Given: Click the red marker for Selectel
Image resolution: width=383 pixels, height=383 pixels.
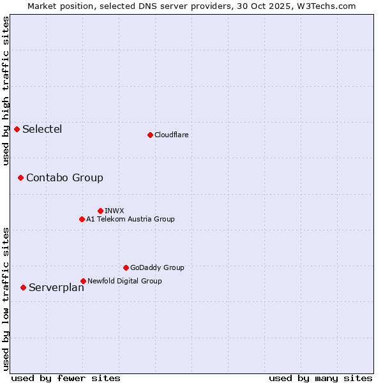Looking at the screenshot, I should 17,130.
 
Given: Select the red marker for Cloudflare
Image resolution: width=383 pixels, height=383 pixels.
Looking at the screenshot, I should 150,135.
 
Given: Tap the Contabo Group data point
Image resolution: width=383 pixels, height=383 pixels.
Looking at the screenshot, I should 20,177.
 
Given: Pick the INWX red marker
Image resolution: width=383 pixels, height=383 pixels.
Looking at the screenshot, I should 100,211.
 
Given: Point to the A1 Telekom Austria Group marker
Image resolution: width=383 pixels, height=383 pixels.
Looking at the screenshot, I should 82,219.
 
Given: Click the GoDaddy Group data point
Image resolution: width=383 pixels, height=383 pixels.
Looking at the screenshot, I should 126,267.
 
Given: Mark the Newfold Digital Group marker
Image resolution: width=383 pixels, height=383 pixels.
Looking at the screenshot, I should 83,281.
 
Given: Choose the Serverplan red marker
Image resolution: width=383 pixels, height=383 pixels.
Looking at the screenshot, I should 23,287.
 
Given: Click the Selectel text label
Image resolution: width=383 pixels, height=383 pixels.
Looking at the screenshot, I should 42,130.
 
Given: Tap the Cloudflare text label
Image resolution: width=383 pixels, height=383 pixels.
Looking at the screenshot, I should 171,135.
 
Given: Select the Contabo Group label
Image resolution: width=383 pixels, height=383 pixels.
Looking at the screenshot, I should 64,177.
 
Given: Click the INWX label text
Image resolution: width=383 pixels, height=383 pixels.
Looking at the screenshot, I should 114,211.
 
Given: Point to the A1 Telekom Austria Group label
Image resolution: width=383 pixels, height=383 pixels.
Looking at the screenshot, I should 130,219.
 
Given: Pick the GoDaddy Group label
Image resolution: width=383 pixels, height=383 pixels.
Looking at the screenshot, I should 157,267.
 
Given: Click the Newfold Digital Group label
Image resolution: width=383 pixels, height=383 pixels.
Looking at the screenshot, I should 124,281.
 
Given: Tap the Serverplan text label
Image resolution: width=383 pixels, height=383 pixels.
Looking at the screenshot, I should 56,287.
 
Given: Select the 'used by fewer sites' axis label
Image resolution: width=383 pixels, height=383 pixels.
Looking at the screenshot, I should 66,378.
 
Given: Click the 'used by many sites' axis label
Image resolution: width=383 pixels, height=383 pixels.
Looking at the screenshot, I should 320,378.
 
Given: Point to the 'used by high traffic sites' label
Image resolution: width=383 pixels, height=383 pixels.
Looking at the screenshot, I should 6,91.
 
